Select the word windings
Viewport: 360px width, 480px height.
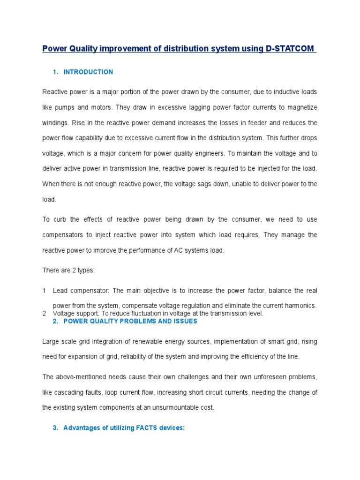pos(56,123)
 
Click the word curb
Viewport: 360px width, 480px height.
pos(63,219)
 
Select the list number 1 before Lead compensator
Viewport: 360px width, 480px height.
pos(44,291)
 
